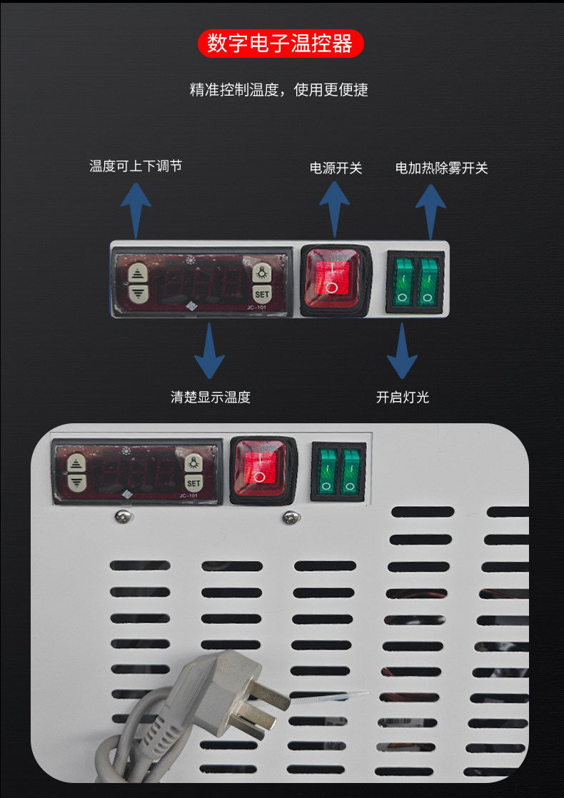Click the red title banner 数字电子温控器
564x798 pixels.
point(281,44)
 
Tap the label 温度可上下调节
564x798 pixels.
point(136,166)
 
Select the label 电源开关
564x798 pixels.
point(336,168)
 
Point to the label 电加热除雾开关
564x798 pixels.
point(442,168)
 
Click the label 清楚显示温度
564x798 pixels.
point(211,397)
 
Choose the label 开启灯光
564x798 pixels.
point(403,397)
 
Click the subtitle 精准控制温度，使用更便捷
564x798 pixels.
point(279,90)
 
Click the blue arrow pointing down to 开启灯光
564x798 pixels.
point(403,352)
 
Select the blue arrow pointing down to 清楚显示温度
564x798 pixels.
point(209,352)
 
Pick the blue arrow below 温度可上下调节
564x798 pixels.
point(135,208)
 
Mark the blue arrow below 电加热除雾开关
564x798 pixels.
point(430,210)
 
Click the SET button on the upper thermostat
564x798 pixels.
point(262,293)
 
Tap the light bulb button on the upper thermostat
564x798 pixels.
point(262,272)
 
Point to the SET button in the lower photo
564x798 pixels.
point(194,483)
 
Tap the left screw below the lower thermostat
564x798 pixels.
point(124,515)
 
